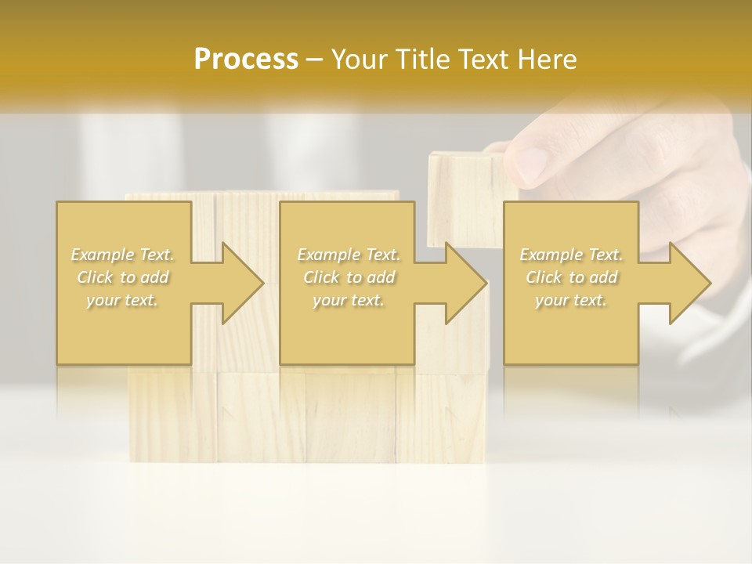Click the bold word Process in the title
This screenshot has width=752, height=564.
246,60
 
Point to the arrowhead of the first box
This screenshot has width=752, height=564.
239,283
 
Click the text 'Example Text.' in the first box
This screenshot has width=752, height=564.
123,255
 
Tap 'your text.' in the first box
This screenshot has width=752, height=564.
123,300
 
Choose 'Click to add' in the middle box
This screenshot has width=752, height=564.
349,277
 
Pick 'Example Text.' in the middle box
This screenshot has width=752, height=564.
349,255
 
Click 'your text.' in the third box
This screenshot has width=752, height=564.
571,300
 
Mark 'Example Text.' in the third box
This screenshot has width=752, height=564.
571,255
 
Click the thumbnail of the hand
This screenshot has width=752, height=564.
531,163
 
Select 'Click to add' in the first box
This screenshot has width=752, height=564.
123,277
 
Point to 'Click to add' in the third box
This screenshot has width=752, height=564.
571,277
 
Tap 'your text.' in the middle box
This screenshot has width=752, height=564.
349,300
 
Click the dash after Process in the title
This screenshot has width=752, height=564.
315,60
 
